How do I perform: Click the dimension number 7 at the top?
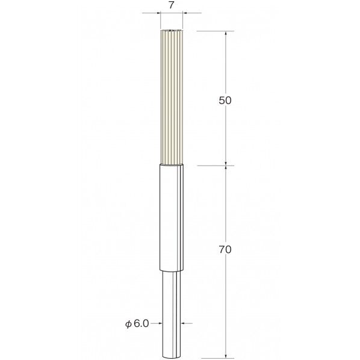(172, 5)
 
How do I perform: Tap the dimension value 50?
(225, 101)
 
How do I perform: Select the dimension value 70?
(225, 250)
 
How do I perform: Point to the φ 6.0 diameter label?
(137, 324)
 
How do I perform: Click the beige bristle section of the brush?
(172, 98)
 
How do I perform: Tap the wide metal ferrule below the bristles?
(172, 217)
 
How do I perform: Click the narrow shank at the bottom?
(172, 314)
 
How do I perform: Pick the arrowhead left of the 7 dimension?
(158, 13)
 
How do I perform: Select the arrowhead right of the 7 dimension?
(185, 13)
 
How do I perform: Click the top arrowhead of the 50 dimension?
(226, 33)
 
